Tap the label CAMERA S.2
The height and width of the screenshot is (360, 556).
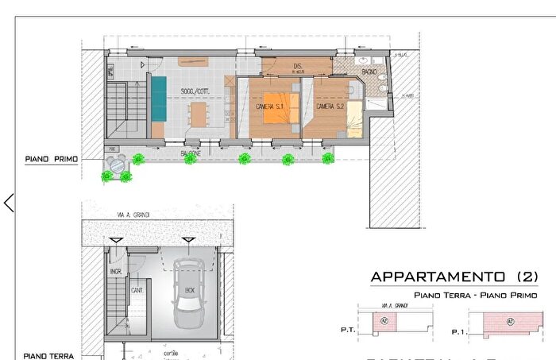329,106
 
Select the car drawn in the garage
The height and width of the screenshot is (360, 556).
189,294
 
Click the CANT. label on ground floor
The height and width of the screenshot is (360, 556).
137,290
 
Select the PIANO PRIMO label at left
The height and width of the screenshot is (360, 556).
51,159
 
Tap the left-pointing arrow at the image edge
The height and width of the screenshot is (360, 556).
9,203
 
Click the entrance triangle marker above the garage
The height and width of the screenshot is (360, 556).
188,239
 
